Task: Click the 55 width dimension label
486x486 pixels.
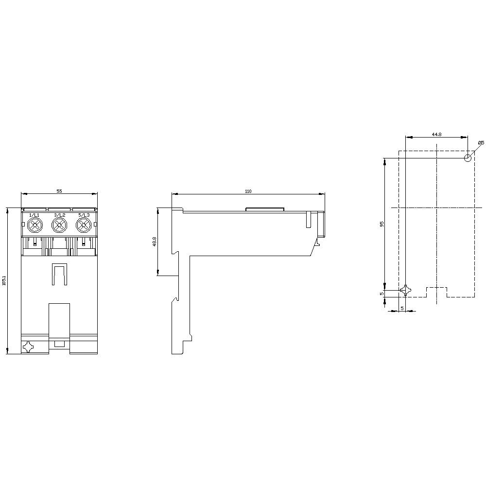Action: [x=59, y=191]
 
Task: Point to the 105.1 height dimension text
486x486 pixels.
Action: [x=4, y=281]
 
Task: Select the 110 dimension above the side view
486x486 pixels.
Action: [x=248, y=191]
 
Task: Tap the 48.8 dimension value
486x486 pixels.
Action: [x=155, y=242]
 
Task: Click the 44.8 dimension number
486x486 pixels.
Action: [x=436, y=134]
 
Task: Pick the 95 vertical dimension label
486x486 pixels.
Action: [x=382, y=224]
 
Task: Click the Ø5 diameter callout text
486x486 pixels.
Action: [x=481, y=142]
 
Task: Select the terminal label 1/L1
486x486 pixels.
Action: [x=35, y=215]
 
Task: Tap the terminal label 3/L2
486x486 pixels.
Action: [x=59, y=215]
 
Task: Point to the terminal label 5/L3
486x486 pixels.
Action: [x=84, y=215]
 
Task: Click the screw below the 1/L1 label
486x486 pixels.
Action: [x=35, y=225]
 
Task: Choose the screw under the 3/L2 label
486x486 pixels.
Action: [x=59, y=225]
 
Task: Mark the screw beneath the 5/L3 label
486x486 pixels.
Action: [x=84, y=225]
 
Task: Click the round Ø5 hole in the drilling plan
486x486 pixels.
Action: [x=468, y=157]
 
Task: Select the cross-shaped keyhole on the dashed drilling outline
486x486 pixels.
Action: [x=405, y=291]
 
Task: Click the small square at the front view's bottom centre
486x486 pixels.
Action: [x=59, y=344]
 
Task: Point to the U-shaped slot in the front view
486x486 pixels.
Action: [x=59, y=275]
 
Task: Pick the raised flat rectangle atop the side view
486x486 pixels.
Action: [x=265, y=210]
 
